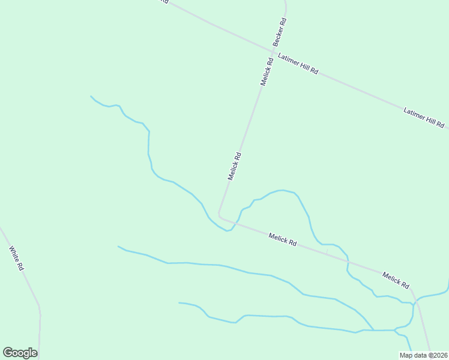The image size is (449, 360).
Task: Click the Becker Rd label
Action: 280,32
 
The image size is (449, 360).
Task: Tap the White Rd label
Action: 16,258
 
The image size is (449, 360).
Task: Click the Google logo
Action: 20,353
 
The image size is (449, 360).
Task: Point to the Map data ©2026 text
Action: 423,355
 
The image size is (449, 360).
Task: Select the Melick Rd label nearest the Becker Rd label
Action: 267,71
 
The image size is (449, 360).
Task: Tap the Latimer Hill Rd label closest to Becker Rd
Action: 298,64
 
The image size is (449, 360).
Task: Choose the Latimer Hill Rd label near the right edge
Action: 424,118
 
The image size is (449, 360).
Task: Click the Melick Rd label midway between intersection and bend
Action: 235,166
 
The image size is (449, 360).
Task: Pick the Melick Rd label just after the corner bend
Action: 283,240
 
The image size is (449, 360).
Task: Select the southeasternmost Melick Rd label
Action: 396,280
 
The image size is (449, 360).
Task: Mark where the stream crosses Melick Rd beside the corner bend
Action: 235,223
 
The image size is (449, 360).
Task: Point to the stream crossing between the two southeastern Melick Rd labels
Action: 347,262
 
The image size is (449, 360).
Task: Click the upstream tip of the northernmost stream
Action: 91,96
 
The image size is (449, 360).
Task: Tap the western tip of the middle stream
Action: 118,246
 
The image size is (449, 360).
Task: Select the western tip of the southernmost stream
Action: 179,302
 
